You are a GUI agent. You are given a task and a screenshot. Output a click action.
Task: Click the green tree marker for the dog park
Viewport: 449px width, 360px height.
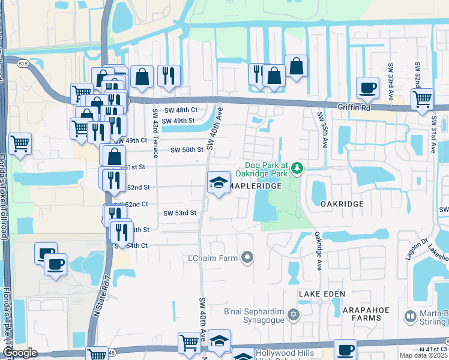[x=297, y=170]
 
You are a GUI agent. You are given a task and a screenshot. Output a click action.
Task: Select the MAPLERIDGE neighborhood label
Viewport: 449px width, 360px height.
[x=255, y=187]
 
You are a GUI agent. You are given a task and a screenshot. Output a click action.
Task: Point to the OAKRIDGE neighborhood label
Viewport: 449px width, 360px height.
[x=342, y=204]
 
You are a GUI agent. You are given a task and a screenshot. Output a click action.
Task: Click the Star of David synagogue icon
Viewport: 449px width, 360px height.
[x=293, y=314]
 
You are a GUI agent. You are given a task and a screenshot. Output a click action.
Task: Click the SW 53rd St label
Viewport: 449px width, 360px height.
[x=180, y=213]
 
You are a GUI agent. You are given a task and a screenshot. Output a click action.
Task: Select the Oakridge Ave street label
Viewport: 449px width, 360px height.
[x=319, y=251]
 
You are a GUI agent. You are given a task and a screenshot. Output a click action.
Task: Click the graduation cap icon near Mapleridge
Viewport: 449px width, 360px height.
[x=218, y=182]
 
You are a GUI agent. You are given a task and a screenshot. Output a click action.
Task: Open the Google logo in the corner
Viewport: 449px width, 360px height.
[x=20, y=353]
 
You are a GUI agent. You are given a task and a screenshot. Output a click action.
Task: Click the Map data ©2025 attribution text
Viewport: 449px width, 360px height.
[x=423, y=355]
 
